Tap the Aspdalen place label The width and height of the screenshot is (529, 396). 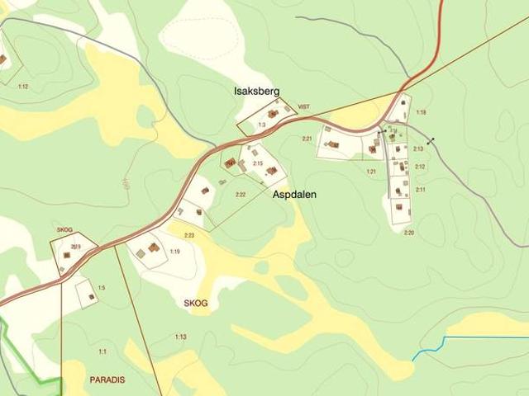pyautogui.click(x=295, y=196)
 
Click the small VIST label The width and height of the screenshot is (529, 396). pyautogui.click(x=303, y=107)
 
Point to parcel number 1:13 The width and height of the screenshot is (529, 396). pyautogui.click(x=180, y=337)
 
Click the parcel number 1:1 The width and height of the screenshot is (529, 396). pyautogui.click(x=102, y=351)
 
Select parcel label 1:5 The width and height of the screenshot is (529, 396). pyautogui.click(x=101, y=287)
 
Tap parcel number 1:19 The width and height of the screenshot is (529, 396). pyautogui.click(x=174, y=251)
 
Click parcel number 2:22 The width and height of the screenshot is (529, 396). pyautogui.click(x=241, y=195)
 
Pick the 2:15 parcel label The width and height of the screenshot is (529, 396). pyautogui.click(x=257, y=163)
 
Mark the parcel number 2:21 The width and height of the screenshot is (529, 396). pyautogui.click(x=307, y=139)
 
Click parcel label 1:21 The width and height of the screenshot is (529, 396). pyautogui.click(x=371, y=171)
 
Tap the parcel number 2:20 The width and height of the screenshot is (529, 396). pyautogui.click(x=408, y=232)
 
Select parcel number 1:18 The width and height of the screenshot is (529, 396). pyautogui.click(x=421, y=112)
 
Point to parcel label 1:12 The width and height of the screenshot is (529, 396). pyautogui.click(x=22, y=87)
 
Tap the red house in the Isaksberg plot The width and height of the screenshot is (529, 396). pyautogui.click(x=272, y=114)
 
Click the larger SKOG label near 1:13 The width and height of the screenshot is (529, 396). pyautogui.click(x=196, y=303)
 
